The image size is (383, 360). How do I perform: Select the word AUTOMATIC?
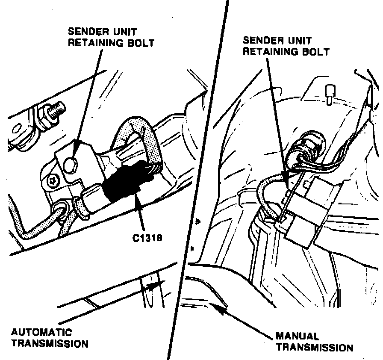click(41, 332)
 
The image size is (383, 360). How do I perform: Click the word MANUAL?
click(297, 336)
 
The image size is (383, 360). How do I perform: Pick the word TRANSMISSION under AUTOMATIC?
click(50, 343)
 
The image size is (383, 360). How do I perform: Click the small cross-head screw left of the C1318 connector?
click(52, 181)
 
